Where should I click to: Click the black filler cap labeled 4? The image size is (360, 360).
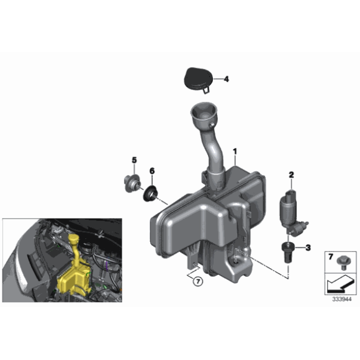[196, 79]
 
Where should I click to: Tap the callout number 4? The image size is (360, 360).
[226, 79]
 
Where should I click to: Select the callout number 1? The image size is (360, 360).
[235, 151]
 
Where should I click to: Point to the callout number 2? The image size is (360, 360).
[290, 174]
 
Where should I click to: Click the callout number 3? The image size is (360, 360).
[308, 248]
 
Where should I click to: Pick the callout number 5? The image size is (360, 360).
[133, 161]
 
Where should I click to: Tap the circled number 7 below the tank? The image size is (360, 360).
[197, 281]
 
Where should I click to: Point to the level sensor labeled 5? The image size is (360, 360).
[131, 184]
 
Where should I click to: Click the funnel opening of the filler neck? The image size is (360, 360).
[204, 115]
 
